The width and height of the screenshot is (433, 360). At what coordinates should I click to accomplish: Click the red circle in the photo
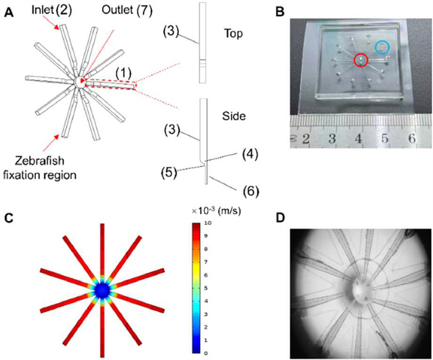[x=361, y=60]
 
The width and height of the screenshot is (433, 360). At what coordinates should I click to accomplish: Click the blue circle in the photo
[x=384, y=46]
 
